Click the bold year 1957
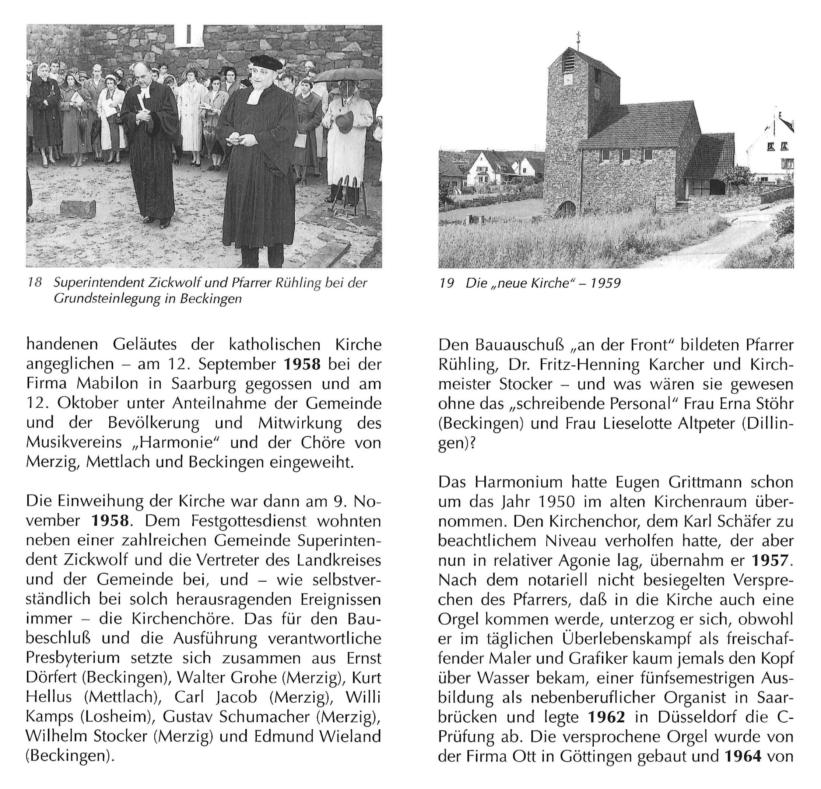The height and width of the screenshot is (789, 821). pyautogui.click(x=770, y=560)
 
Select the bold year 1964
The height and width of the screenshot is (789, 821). pyautogui.click(x=742, y=756)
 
